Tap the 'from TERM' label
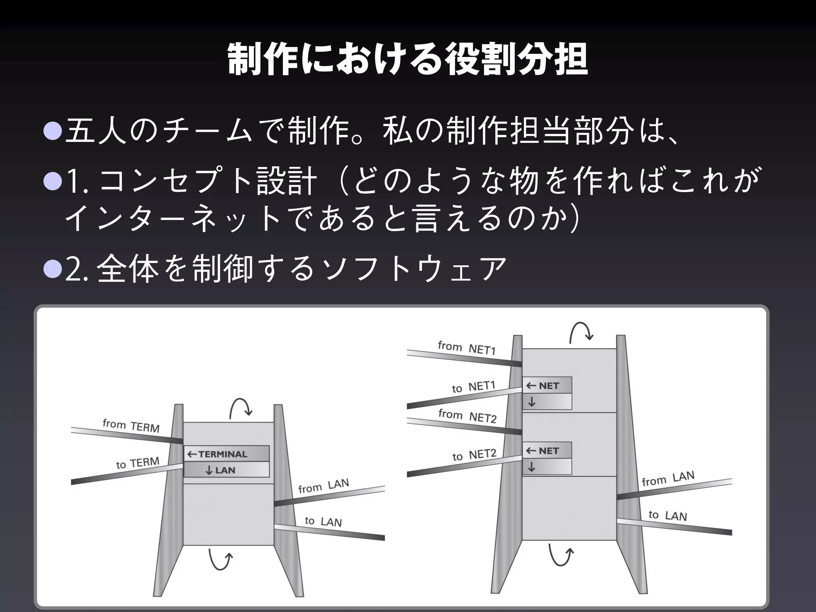point(131,426)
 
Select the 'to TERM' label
point(137,463)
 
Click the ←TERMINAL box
point(226,454)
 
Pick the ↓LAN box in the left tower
point(226,470)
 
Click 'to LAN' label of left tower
point(323,521)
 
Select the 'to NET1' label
point(473,386)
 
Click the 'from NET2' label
point(467,416)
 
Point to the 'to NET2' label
point(474,455)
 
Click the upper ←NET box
point(547,385)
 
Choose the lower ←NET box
point(547,451)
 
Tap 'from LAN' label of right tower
point(668,479)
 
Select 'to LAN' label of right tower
point(667,516)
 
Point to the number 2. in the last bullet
point(76,269)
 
